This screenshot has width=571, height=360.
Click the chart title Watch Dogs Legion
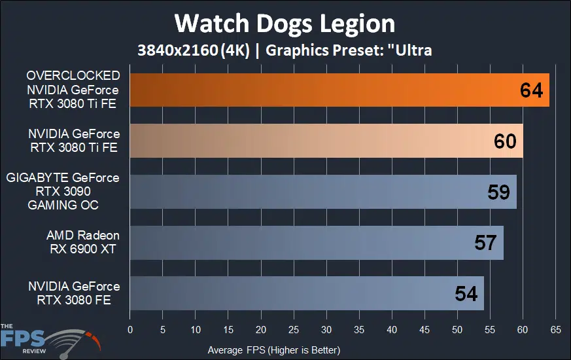285,24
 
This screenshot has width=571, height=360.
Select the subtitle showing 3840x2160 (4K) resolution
285,50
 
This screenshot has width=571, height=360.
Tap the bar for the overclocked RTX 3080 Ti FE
327,90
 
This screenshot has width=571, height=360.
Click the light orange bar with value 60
314,141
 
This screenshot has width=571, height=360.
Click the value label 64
531,90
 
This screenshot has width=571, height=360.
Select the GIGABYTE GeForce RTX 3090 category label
63,191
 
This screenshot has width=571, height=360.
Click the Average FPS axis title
273,350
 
